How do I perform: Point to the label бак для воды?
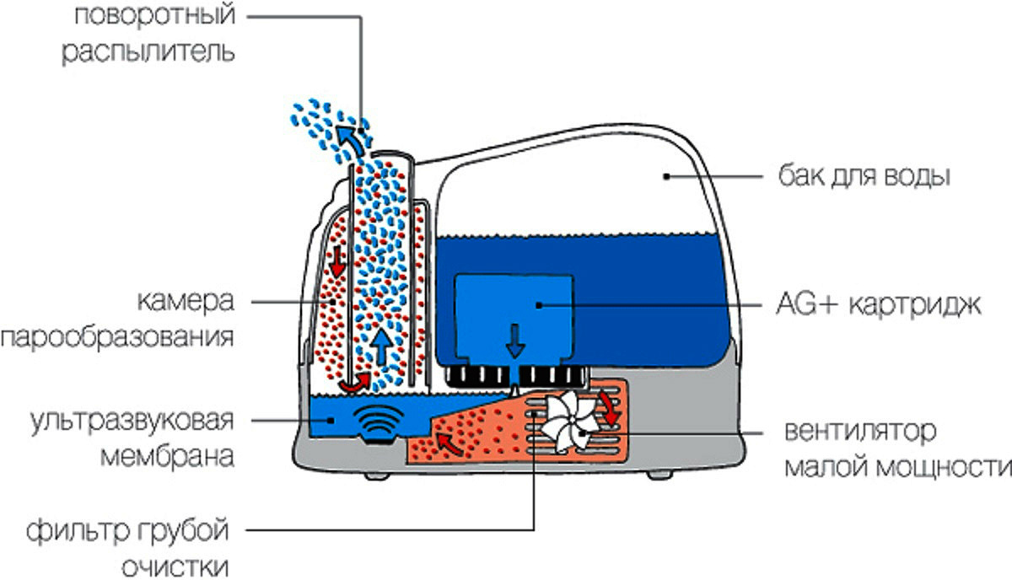(864, 178)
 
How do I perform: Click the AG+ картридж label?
(877, 304)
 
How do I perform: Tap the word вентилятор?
(860, 433)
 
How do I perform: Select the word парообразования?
(117, 338)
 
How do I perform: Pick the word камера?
(185, 301)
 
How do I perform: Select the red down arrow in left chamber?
(338, 260)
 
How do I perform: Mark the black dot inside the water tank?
(666, 177)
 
